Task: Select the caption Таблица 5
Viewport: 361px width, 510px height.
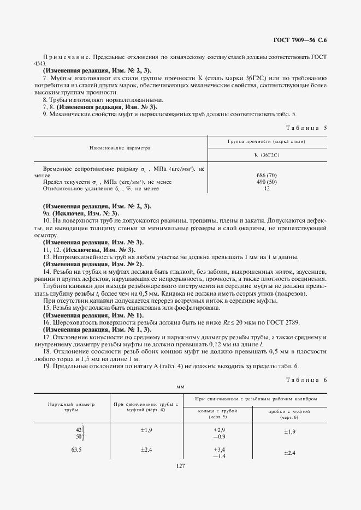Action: [x=306, y=128]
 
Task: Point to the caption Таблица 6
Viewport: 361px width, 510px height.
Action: [x=306, y=379]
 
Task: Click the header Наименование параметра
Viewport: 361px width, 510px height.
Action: [x=120, y=148]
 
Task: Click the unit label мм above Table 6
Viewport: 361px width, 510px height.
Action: [x=180, y=386]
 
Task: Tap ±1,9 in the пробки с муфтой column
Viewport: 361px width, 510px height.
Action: [x=289, y=431]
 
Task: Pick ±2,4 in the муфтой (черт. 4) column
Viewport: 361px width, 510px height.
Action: [x=146, y=450]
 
